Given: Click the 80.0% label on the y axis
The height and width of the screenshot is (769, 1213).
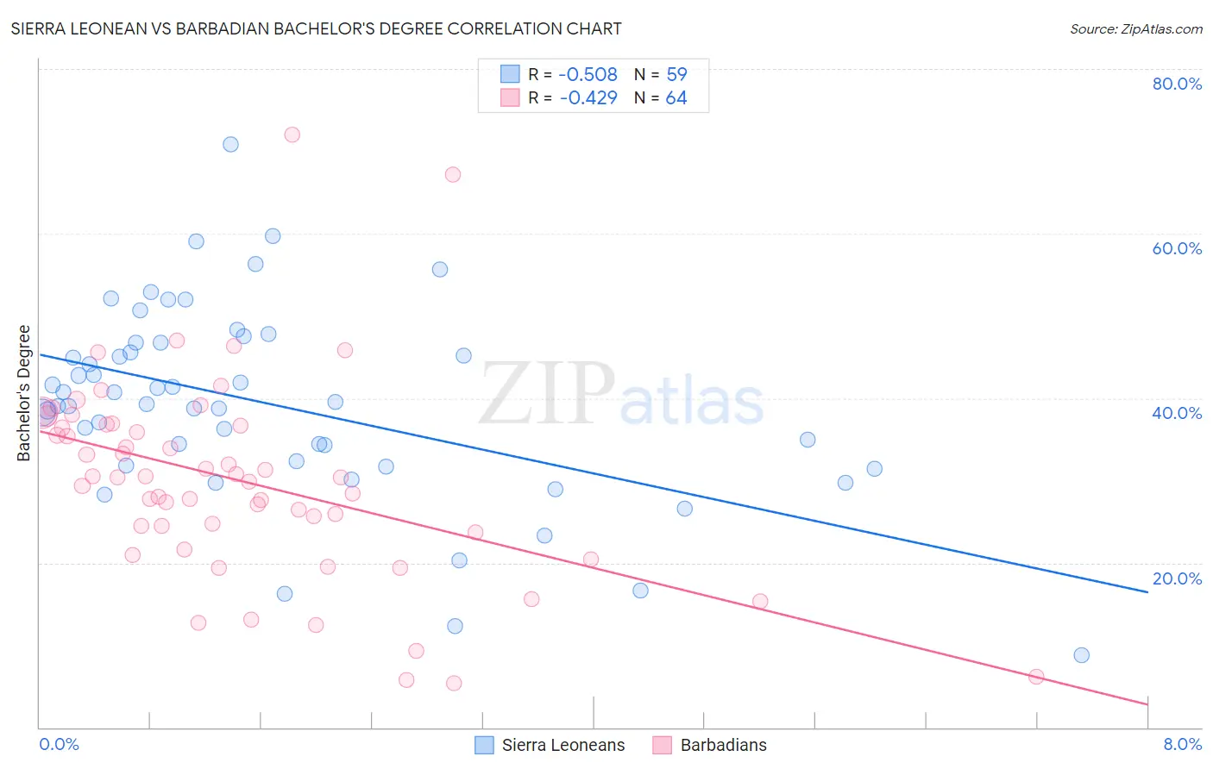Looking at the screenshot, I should click(1177, 84).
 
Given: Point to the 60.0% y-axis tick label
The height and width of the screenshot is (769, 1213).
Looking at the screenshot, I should click(1177, 248).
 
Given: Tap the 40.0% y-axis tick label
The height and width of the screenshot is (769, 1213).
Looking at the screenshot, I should click(1177, 413).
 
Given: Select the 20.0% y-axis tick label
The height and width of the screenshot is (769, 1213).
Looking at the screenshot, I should click(1177, 578).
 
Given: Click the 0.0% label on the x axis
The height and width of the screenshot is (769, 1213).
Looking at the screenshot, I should click(59, 744).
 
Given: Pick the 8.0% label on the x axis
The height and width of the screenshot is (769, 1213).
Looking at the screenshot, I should click(1182, 744).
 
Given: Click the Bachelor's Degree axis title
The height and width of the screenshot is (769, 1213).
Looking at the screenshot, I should click(24, 393).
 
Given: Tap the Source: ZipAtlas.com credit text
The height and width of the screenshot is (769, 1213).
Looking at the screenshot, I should click(1135, 28).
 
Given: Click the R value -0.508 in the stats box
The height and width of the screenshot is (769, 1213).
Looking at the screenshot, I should click(588, 75).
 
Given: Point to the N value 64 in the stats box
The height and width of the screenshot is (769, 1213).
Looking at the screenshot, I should click(676, 98).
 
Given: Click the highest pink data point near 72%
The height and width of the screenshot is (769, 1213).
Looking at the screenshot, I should click(292, 134).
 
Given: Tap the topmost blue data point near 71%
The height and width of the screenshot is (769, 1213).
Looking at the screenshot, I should click(230, 144).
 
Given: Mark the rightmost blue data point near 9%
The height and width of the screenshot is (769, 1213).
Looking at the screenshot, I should click(1081, 655).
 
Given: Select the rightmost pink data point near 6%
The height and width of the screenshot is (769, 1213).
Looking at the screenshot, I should click(1036, 677).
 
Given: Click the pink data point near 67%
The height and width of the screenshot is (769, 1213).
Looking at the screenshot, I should click(453, 174).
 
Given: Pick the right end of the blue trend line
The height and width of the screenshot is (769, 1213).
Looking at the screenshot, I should click(1147, 592).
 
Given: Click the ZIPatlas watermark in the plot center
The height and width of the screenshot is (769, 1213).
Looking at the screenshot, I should click(621, 394).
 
